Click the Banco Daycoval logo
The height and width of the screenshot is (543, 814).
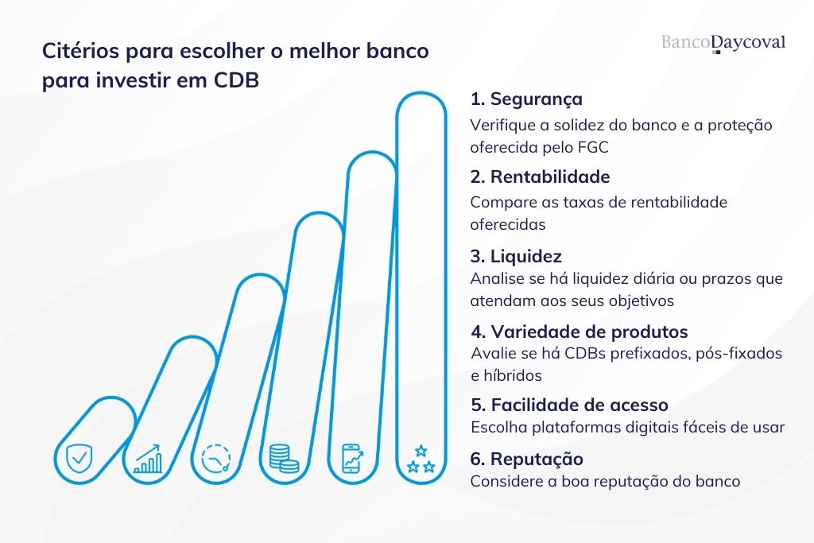[723, 42]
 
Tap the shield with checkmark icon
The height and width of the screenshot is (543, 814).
[79, 459]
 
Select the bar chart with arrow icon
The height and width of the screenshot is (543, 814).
[148, 459]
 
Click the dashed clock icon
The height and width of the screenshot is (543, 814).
[215, 459]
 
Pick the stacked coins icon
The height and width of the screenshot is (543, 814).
[284, 459]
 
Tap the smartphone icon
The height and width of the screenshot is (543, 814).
[352, 459]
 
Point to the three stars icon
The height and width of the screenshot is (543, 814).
[421, 460]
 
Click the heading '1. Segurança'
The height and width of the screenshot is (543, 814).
[525, 99]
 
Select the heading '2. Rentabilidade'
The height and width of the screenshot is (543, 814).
[540, 176]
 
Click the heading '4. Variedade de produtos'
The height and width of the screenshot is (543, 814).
[579, 332]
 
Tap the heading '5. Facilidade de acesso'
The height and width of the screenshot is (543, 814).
[568, 405]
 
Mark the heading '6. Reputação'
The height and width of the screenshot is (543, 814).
[526, 459]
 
